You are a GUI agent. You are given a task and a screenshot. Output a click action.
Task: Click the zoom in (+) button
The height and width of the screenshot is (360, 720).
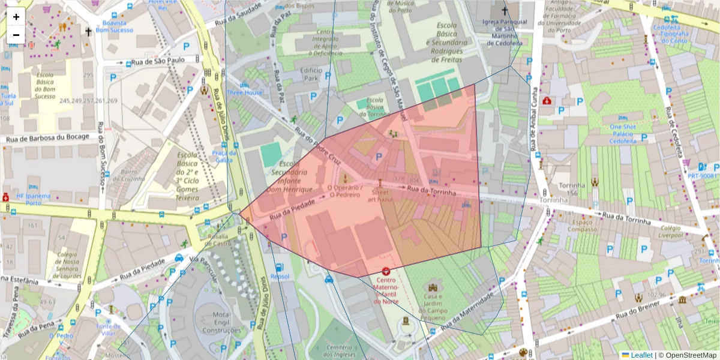[16, 17]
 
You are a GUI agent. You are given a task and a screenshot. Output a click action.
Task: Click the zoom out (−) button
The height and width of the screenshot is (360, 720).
[16, 35]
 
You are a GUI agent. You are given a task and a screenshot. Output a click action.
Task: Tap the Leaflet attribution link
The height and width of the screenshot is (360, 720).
[641, 355]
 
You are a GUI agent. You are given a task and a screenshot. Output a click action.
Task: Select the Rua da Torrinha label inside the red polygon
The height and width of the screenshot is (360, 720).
[431, 191]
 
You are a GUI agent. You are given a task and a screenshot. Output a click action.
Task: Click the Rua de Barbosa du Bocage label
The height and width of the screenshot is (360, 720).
[47, 138]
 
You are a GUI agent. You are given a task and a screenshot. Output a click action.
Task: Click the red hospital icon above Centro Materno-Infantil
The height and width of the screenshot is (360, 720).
[385, 271]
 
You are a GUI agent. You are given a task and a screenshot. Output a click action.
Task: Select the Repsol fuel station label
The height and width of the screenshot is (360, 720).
[280, 276]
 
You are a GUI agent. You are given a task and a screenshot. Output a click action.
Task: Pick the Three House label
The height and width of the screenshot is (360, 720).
[244, 93]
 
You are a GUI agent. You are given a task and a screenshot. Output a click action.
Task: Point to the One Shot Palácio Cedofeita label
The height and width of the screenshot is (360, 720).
[622, 134]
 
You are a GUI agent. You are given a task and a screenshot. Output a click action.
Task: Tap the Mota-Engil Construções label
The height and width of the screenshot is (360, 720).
[221, 322]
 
